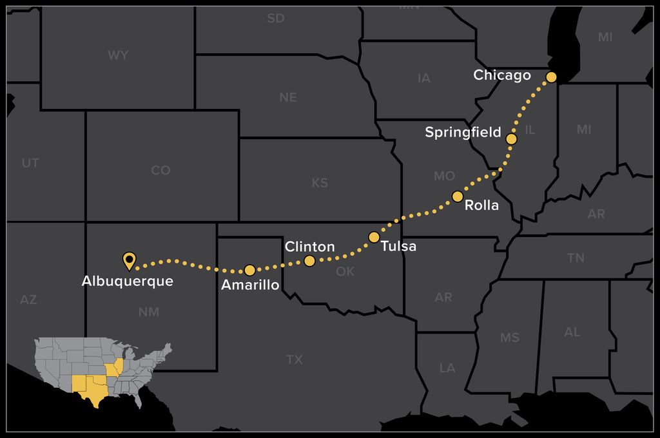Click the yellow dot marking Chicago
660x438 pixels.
(551, 77)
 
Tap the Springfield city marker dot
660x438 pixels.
(511, 138)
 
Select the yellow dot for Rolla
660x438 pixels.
(458, 196)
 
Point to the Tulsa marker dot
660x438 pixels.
(374, 237)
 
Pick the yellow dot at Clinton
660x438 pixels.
(309, 261)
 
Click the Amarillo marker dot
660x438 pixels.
(250, 270)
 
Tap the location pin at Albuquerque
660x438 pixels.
(129, 260)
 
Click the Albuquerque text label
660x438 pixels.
(128, 281)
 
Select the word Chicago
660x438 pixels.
(502, 75)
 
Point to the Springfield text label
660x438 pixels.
(463, 133)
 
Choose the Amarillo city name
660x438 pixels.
(250, 285)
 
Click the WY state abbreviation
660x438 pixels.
(118, 55)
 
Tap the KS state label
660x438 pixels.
(320, 183)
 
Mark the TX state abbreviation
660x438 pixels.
(295, 359)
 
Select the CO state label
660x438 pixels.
(160, 170)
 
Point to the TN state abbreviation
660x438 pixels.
(576, 258)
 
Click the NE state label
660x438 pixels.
(288, 97)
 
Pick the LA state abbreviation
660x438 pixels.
(447, 368)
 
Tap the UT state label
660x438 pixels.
(30, 163)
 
